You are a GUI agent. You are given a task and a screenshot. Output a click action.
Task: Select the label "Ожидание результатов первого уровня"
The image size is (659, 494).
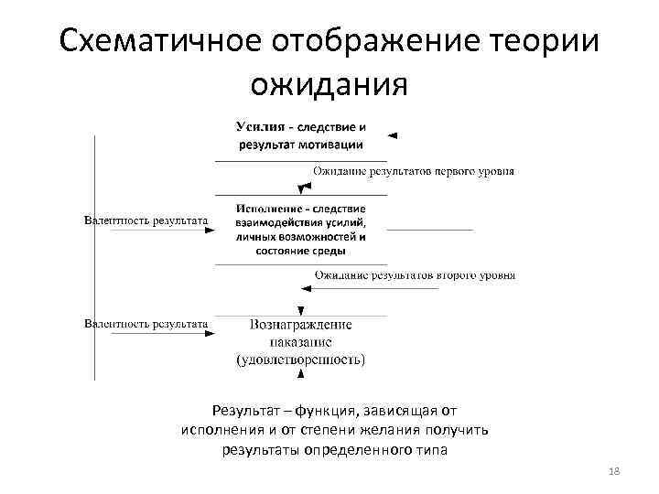click(414, 171)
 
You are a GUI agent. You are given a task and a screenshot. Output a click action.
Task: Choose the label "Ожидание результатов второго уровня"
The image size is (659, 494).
click(415, 274)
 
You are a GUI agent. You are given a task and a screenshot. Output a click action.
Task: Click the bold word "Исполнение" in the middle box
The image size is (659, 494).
click(268, 209)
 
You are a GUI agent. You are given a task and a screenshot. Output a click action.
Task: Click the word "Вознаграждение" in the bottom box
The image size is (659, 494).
click(300, 325)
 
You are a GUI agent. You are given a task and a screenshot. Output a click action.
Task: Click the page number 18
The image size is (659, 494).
click(612, 470)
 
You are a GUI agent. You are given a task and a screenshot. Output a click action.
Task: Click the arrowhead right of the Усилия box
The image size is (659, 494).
click(393, 134)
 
